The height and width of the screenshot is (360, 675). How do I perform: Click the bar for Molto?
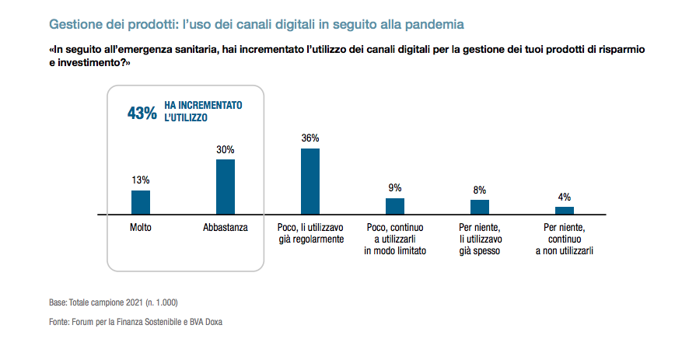140,201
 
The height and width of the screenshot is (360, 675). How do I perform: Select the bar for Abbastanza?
226,186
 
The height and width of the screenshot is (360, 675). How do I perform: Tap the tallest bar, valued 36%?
310,180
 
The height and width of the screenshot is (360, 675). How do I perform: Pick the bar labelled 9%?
395,205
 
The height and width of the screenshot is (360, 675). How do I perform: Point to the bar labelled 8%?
480,206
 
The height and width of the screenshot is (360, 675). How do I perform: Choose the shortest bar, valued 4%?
564,210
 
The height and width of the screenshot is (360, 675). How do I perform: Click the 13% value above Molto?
140,180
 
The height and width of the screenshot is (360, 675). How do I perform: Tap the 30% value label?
226,149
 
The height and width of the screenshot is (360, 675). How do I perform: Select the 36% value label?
310,138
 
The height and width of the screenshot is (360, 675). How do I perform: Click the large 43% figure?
142,113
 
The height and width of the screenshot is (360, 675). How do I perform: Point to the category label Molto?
141,227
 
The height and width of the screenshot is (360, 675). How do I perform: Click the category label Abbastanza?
225,227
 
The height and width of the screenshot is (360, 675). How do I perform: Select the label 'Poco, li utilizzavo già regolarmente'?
310,233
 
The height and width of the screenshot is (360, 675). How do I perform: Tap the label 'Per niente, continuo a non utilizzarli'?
564,239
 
